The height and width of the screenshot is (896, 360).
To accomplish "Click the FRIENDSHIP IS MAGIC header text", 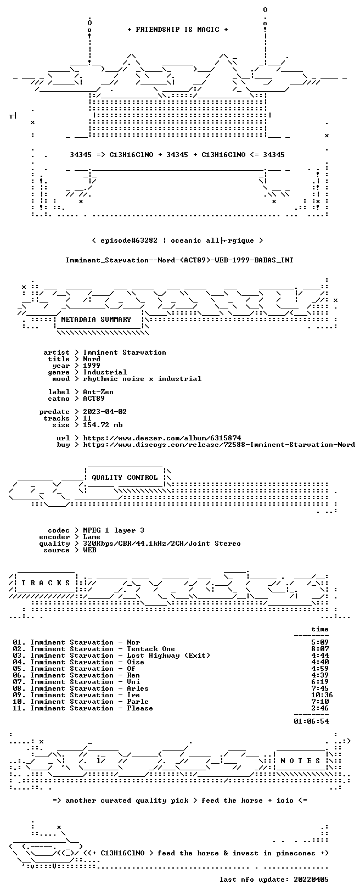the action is coord(178,30).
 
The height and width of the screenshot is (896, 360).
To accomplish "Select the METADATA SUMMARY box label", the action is coord(96,319).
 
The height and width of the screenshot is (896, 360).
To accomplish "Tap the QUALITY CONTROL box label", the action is coord(125,477).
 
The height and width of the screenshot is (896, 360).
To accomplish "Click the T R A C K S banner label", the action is coord(46,583).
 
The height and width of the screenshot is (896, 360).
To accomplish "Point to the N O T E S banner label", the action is coord(300,760).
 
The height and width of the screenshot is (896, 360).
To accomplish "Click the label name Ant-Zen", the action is coord(98,392).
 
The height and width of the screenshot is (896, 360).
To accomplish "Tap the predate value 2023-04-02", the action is coord(105,412).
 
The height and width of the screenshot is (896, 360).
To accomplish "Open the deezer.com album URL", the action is coord(162,438).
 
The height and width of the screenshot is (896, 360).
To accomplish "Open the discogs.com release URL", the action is coord(219,444).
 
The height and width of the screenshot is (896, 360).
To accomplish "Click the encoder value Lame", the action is coord(92,537).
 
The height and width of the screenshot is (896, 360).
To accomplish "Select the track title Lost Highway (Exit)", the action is coord(168,655).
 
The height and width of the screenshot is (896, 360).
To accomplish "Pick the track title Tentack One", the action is coord(151,649).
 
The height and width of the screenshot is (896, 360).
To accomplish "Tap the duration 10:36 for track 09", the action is coord(322,695).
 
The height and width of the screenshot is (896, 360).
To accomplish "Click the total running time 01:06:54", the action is coord(311,721).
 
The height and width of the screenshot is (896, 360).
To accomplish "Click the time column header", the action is coord(320,629).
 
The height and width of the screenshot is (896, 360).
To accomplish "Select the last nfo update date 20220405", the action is coord(311,879).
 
